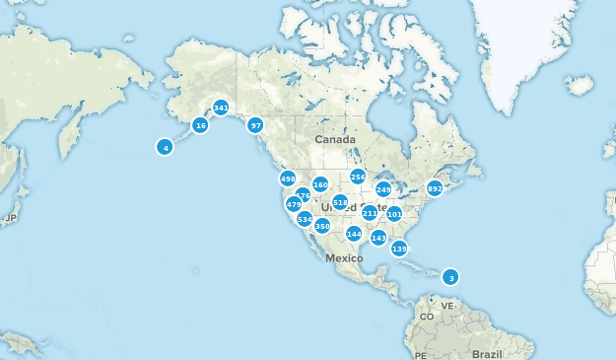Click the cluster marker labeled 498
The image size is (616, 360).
[288, 179]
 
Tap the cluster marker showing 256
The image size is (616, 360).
[358, 177]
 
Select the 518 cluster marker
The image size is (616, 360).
[340, 202]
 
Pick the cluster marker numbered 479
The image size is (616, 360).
[294, 204]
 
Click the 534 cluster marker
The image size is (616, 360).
[305, 219]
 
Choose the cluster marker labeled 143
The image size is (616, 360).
[378, 238]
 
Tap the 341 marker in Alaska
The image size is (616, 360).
[221, 108]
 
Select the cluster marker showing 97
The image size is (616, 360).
[255, 125]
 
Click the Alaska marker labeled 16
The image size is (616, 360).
[200, 125]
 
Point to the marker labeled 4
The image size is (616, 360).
[166, 147]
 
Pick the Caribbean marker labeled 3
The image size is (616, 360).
[450, 277]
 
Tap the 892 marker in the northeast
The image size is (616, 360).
[435, 188]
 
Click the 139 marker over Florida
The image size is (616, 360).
[399, 249]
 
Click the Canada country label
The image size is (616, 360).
[334, 140]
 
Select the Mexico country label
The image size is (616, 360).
[345, 257]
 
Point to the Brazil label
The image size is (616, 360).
[488, 353]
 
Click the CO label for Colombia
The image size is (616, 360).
[427, 317]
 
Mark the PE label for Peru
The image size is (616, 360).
[420, 354]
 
